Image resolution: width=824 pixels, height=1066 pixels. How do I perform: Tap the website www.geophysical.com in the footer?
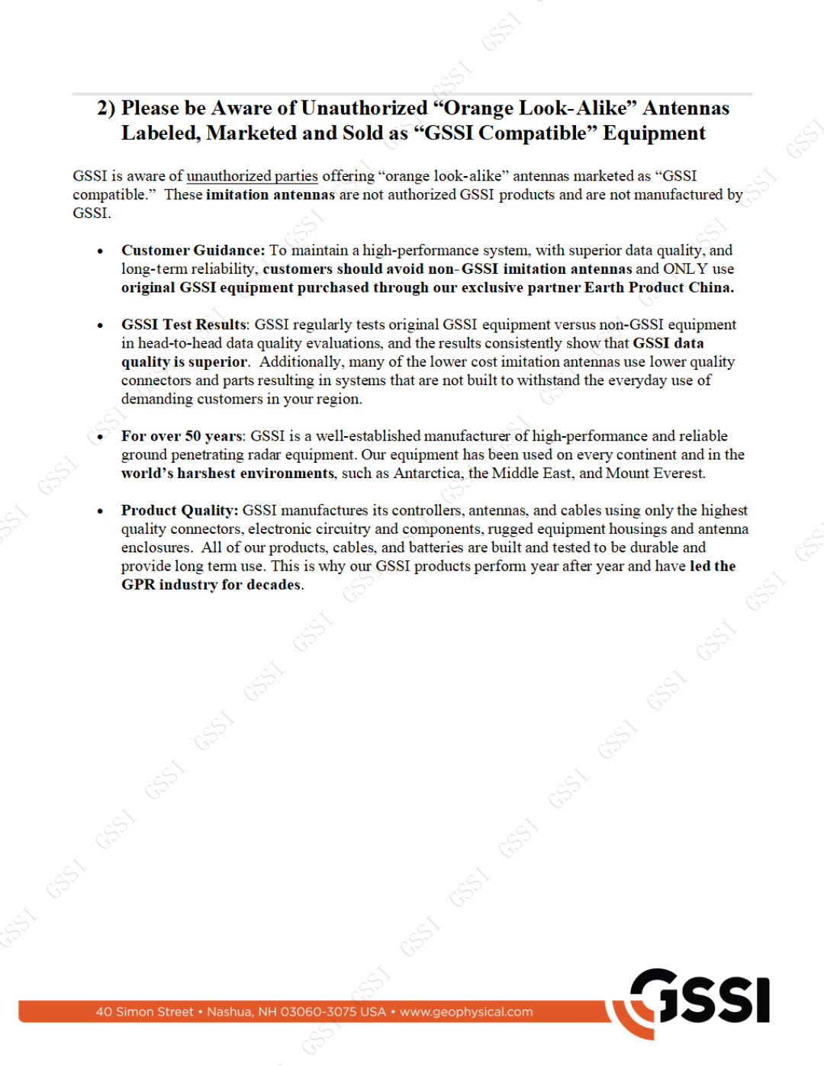466,1012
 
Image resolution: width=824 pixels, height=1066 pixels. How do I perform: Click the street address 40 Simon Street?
144,1012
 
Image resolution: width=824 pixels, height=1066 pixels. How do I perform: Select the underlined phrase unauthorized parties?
252,176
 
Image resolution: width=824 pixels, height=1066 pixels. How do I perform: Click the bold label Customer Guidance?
193,250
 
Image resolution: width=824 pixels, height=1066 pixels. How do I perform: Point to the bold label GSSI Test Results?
184,325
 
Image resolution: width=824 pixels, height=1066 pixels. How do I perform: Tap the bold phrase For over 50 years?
182,436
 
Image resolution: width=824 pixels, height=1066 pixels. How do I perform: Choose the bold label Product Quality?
179,511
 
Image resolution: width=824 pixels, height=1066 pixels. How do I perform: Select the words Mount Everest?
655,474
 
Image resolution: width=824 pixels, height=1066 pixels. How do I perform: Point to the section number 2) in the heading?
106,108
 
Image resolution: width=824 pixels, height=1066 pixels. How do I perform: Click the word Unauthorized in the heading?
364,108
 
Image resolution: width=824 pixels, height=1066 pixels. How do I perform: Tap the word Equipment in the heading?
654,133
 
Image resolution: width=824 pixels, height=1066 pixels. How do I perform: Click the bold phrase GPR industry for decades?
211,585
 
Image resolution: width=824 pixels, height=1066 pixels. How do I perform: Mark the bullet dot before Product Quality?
100,512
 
